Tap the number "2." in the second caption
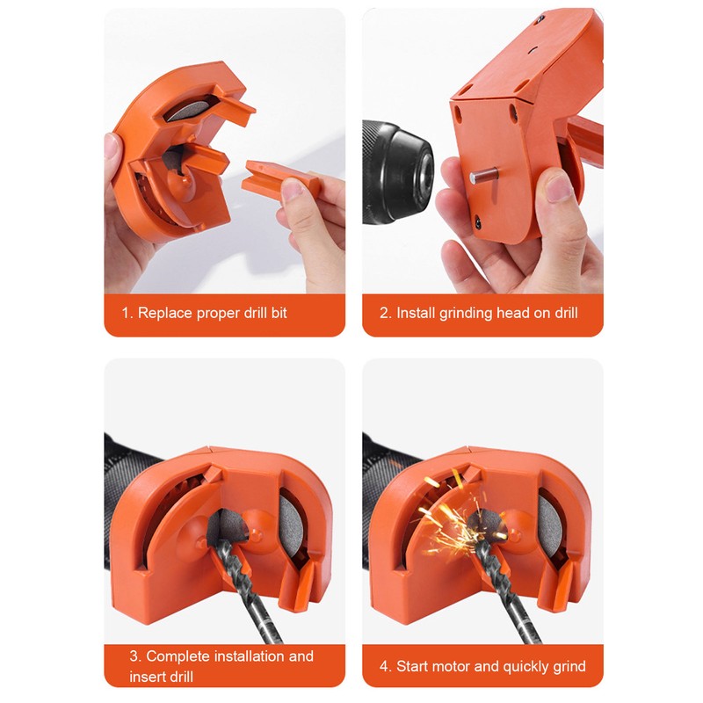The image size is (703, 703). tap(385, 313)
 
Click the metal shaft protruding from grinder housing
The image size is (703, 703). tap(480, 174)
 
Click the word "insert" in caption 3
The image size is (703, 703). tap(148, 677)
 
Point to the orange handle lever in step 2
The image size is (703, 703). tap(584, 141)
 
